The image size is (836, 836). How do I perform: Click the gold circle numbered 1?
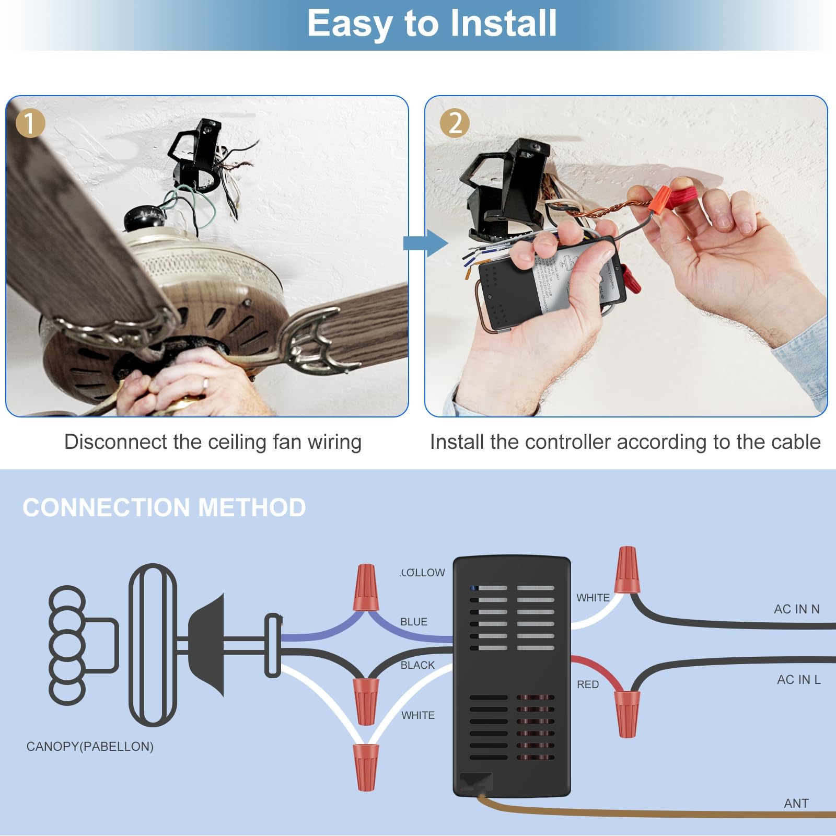(30, 123)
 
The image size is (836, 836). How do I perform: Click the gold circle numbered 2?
(455, 123)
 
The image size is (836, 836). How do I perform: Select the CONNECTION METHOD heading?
(164, 507)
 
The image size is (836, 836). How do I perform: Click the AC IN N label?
(796, 609)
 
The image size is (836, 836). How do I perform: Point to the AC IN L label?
(798, 679)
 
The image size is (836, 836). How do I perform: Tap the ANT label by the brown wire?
(796, 803)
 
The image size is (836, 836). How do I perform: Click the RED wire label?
(587, 684)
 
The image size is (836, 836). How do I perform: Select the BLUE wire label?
(413, 622)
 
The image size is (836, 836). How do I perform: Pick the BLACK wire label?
(417, 665)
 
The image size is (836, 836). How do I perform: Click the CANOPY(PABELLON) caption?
(90, 746)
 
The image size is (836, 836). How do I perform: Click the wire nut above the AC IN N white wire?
(627, 571)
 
